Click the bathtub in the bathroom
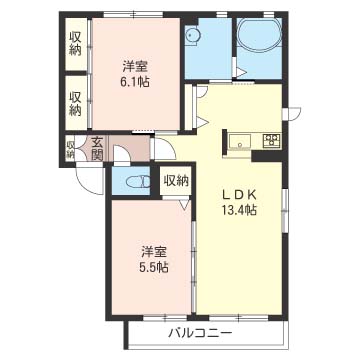coord(259,34)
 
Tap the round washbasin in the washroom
coord(192,35)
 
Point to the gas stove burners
coord(272,140)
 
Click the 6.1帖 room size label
coord(135,82)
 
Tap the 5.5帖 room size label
coord(154,267)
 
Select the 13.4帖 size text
coord(240,210)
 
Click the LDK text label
coord(240,194)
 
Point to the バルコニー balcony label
coord(200,333)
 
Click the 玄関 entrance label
coord(97,149)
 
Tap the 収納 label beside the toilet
coord(176,181)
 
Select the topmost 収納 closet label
coord(75,44)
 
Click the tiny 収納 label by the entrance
coord(70,150)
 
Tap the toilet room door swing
coord(122,155)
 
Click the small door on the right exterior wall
coord(291,113)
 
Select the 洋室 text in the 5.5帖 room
coord(154,252)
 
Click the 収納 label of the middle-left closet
coord(75,104)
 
